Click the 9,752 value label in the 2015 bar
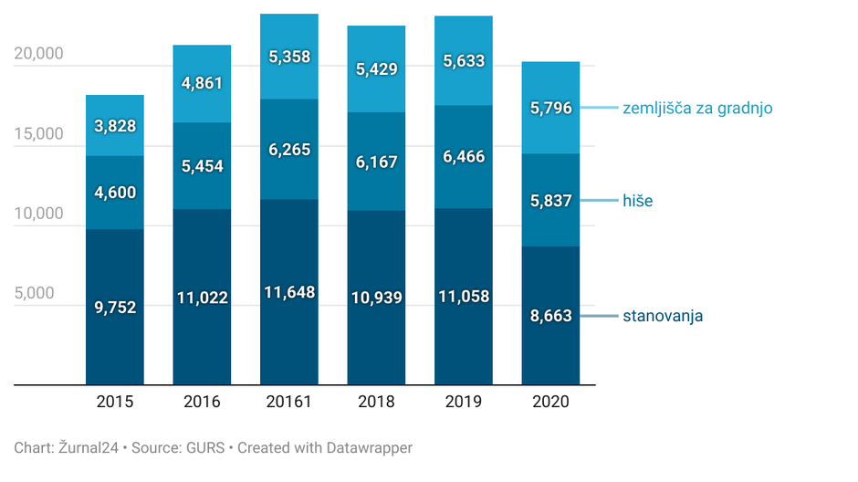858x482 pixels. click(x=115, y=308)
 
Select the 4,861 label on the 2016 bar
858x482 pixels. click(x=202, y=83)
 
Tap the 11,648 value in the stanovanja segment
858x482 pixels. click(x=288, y=293)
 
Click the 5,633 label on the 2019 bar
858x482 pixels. click(x=463, y=61)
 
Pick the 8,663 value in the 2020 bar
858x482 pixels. click(x=550, y=316)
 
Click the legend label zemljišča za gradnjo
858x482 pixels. click(x=697, y=108)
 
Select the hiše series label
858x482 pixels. click(x=637, y=201)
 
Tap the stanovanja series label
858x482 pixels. click(x=663, y=316)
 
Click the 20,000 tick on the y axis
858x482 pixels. click(x=39, y=53)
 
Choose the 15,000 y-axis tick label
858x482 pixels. click(x=39, y=133)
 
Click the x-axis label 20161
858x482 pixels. click(x=288, y=402)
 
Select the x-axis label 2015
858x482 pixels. click(x=115, y=402)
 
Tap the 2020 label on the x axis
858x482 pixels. click(x=550, y=402)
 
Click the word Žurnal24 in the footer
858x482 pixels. click(x=86, y=448)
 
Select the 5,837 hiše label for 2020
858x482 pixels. click(x=550, y=201)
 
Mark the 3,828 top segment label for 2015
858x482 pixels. click(x=115, y=126)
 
